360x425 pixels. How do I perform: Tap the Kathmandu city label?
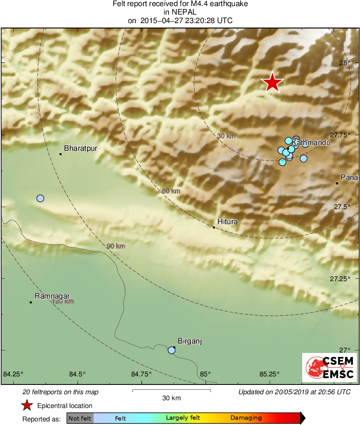click(311, 143)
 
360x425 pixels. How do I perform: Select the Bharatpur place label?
click(81, 148)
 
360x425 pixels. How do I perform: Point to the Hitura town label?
click(228, 222)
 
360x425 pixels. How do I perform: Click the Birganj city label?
click(190, 341)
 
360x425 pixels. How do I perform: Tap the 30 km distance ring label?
click(226, 136)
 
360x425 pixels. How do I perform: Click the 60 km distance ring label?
click(170, 191)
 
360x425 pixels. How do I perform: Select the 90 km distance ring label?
click(116, 246)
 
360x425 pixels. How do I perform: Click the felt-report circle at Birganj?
click(172, 350)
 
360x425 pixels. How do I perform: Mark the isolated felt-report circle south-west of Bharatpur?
click(40, 198)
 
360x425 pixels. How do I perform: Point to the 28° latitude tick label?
click(345, 63)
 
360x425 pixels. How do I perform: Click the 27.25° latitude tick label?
click(340, 279)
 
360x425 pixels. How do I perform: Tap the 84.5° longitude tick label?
click(78, 374)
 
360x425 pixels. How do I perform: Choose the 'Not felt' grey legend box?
click(80, 418)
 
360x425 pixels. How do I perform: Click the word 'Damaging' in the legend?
click(246, 418)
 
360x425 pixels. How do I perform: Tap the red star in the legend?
click(27, 406)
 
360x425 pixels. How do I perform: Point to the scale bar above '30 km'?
click(171, 391)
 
